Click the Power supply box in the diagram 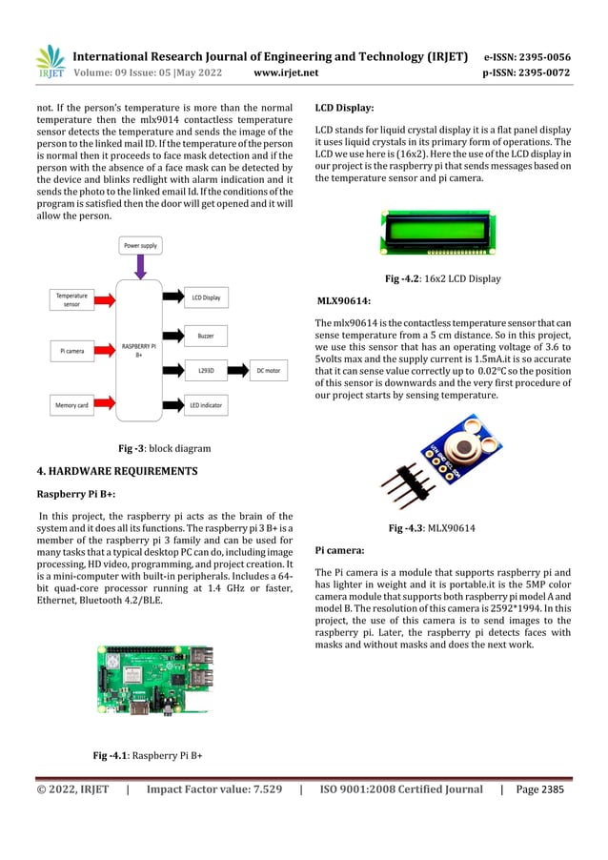click(140, 246)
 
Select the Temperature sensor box click(71, 299)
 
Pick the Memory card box click(71, 406)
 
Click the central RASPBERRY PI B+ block click(139, 350)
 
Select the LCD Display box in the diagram click(206, 298)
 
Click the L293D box click(206, 368)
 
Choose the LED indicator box click(206, 406)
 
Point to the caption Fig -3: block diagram click(152, 447)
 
